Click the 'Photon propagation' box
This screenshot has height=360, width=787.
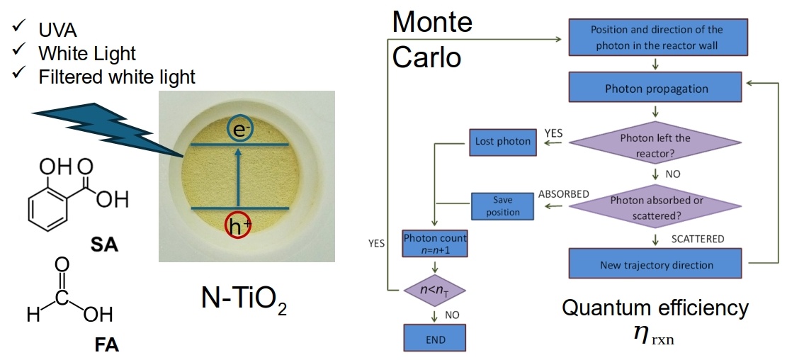pyautogui.click(x=656, y=89)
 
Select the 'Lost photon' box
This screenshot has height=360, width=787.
pyautogui.click(x=502, y=142)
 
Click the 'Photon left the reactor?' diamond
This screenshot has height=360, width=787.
pyautogui.click(x=655, y=144)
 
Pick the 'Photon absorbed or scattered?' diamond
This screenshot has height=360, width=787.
pyautogui.click(x=656, y=206)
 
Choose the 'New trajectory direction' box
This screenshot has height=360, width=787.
pyautogui.click(x=656, y=264)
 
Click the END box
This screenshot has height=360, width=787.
pyautogui.click(x=435, y=337)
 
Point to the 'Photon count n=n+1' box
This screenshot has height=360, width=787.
pyautogui.click(x=435, y=243)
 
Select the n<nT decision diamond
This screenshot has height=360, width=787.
pyautogui.click(x=435, y=289)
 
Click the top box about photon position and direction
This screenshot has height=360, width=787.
pyautogui.click(x=656, y=35)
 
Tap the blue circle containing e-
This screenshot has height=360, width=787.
pyautogui.click(x=238, y=129)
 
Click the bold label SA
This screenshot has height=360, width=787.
pyautogui.click(x=104, y=246)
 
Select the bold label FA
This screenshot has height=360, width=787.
pyautogui.click(x=106, y=346)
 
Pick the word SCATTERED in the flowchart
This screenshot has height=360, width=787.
pyautogui.click(x=697, y=239)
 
